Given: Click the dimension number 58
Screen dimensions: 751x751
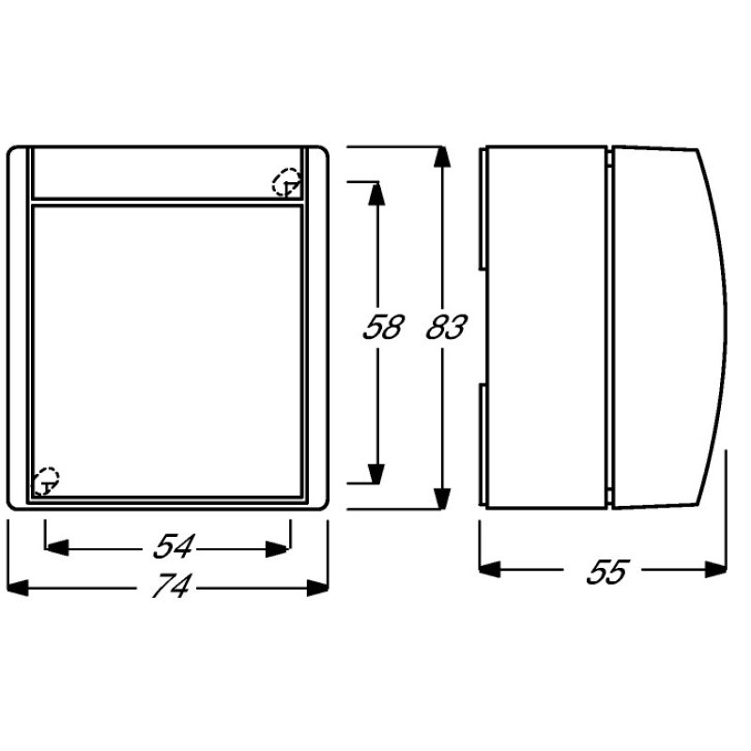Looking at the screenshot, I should click(x=382, y=328).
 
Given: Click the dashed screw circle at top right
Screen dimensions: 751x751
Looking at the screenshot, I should click(x=285, y=182).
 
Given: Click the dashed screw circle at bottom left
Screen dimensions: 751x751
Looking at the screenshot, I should click(x=46, y=481).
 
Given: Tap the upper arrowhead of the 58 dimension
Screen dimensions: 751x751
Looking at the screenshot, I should click(x=375, y=192).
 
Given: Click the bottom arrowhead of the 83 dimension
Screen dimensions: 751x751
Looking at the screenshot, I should click(x=439, y=498).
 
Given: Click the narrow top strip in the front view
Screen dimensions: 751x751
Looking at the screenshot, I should click(x=150, y=173).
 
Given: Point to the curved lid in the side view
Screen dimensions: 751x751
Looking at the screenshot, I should click(x=662, y=329).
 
